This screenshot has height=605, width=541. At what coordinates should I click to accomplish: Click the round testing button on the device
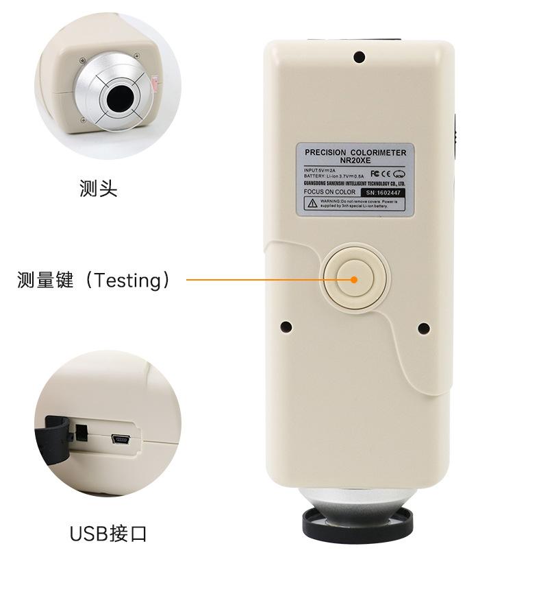coord(354,279)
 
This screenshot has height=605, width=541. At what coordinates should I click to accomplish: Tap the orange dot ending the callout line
coord(354,279)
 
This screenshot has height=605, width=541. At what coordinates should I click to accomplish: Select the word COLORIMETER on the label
coord(381,152)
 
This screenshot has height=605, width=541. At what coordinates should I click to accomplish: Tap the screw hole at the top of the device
coord(358,56)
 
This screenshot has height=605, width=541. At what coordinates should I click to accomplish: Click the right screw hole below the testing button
coord(423,328)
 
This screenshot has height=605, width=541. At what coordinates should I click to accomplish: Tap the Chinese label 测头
coord(98,189)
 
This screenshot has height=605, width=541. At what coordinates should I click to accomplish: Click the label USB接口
coord(108,533)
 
